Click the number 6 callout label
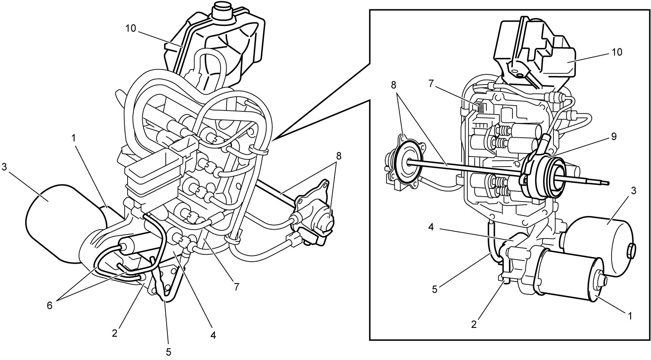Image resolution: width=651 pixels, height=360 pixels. [x=50, y=306]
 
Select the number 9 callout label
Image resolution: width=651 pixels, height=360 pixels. [x=614, y=137]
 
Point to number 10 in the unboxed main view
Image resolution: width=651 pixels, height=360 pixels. [x=131, y=28]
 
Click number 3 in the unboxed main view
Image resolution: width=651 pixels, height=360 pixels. [x=4, y=167]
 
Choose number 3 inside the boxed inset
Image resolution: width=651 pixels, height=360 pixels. [x=634, y=191]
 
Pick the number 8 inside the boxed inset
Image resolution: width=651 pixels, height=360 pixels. [x=394, y=85]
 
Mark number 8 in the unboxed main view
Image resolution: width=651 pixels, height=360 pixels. [x=339, y=156]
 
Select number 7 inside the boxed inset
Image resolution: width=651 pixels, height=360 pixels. [x=431, y=84]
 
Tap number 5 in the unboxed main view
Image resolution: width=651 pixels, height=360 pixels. [x=169, y=352]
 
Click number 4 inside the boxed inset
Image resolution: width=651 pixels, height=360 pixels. [x=431, y=227]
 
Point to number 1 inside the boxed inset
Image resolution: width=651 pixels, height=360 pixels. [x=630, y=316]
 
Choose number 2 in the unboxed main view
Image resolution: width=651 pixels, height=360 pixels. [x=115, y=333]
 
